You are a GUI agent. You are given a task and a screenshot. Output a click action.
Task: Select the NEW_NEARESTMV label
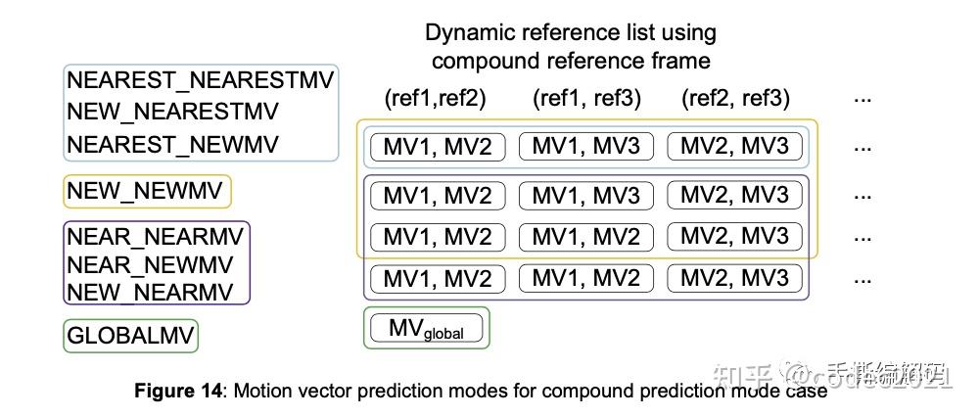click(172, 112)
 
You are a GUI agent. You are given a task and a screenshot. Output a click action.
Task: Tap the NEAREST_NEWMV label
click(172, 144)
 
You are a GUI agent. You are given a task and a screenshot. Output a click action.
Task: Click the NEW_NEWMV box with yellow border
click(147, 192)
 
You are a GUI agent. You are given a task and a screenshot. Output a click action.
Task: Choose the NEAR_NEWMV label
click(150, 264)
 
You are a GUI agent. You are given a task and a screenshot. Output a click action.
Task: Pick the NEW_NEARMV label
click(150, 292)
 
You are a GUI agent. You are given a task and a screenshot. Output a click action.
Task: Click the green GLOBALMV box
click(131, 337)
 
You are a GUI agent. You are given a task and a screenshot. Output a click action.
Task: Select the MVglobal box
click(426, 328)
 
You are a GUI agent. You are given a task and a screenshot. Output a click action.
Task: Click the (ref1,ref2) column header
click(435, 98)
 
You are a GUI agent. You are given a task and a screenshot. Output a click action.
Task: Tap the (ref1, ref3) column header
click(586, 98)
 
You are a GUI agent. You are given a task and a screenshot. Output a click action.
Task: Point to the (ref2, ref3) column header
click(734, 98)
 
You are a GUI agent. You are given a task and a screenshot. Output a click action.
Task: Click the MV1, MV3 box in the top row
click(585, 147)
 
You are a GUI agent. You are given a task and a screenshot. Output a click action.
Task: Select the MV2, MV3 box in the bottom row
click(734, 279)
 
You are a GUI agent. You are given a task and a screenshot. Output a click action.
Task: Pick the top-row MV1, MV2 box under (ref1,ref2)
click(437, 147)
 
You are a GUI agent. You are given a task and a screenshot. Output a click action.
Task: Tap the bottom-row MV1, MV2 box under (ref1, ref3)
click(585, 279)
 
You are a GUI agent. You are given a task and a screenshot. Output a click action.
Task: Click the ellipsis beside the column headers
click(862, 98)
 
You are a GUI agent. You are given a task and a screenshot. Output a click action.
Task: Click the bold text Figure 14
click(178, 392)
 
